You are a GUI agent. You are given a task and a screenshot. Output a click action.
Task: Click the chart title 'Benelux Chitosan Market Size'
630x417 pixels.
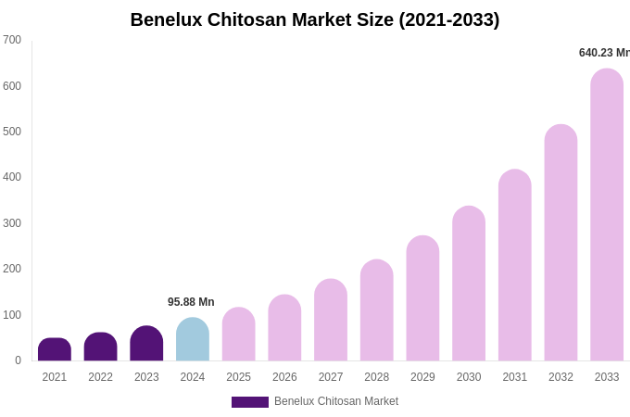315,19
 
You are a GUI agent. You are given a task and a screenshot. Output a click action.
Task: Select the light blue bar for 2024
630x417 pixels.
193,339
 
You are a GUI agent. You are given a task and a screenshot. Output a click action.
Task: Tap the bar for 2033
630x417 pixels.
607,215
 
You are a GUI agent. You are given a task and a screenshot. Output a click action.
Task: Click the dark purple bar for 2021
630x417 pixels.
55,349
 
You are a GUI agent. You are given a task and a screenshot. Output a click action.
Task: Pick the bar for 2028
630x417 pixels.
377,310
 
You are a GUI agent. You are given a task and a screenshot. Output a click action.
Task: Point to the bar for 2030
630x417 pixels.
469,284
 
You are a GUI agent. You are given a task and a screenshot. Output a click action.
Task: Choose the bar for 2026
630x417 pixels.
284,328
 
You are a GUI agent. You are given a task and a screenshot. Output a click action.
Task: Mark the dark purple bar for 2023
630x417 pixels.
146,344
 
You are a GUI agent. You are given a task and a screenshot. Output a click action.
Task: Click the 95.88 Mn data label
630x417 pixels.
191,302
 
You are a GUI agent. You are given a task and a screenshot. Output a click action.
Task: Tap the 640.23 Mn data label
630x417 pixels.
604,53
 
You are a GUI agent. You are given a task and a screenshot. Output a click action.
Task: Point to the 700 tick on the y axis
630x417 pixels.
12,40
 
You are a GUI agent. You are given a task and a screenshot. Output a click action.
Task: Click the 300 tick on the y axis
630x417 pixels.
12,223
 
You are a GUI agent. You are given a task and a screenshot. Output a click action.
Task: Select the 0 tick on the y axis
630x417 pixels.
18,360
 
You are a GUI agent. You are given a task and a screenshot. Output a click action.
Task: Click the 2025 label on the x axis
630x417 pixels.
238,377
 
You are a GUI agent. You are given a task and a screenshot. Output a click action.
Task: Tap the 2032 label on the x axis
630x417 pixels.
561,377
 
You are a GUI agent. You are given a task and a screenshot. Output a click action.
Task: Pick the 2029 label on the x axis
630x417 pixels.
422,377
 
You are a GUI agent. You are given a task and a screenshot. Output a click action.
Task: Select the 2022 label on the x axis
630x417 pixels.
100,377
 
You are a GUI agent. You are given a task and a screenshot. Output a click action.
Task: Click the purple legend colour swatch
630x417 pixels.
250,402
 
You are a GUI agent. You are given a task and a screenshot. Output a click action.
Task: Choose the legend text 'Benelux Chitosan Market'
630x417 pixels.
336,401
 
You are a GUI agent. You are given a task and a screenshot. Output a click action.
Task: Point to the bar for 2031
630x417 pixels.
515,265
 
